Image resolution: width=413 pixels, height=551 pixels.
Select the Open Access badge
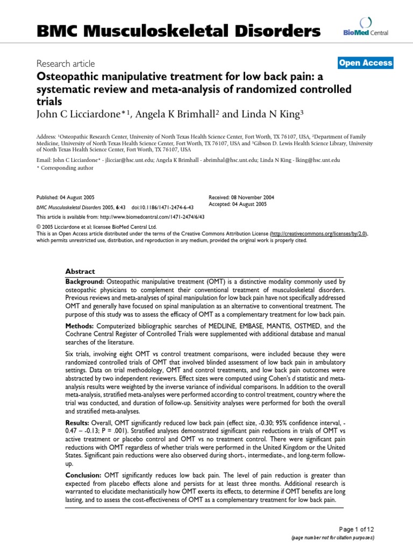[366, 63]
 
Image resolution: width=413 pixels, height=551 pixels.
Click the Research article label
[66, 63]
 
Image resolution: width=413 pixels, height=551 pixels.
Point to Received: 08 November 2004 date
[241, 198]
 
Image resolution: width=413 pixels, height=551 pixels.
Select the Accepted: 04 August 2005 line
[237, 204]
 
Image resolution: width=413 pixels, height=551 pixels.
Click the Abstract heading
[80, 271]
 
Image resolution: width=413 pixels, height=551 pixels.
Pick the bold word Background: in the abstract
[85, 282]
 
